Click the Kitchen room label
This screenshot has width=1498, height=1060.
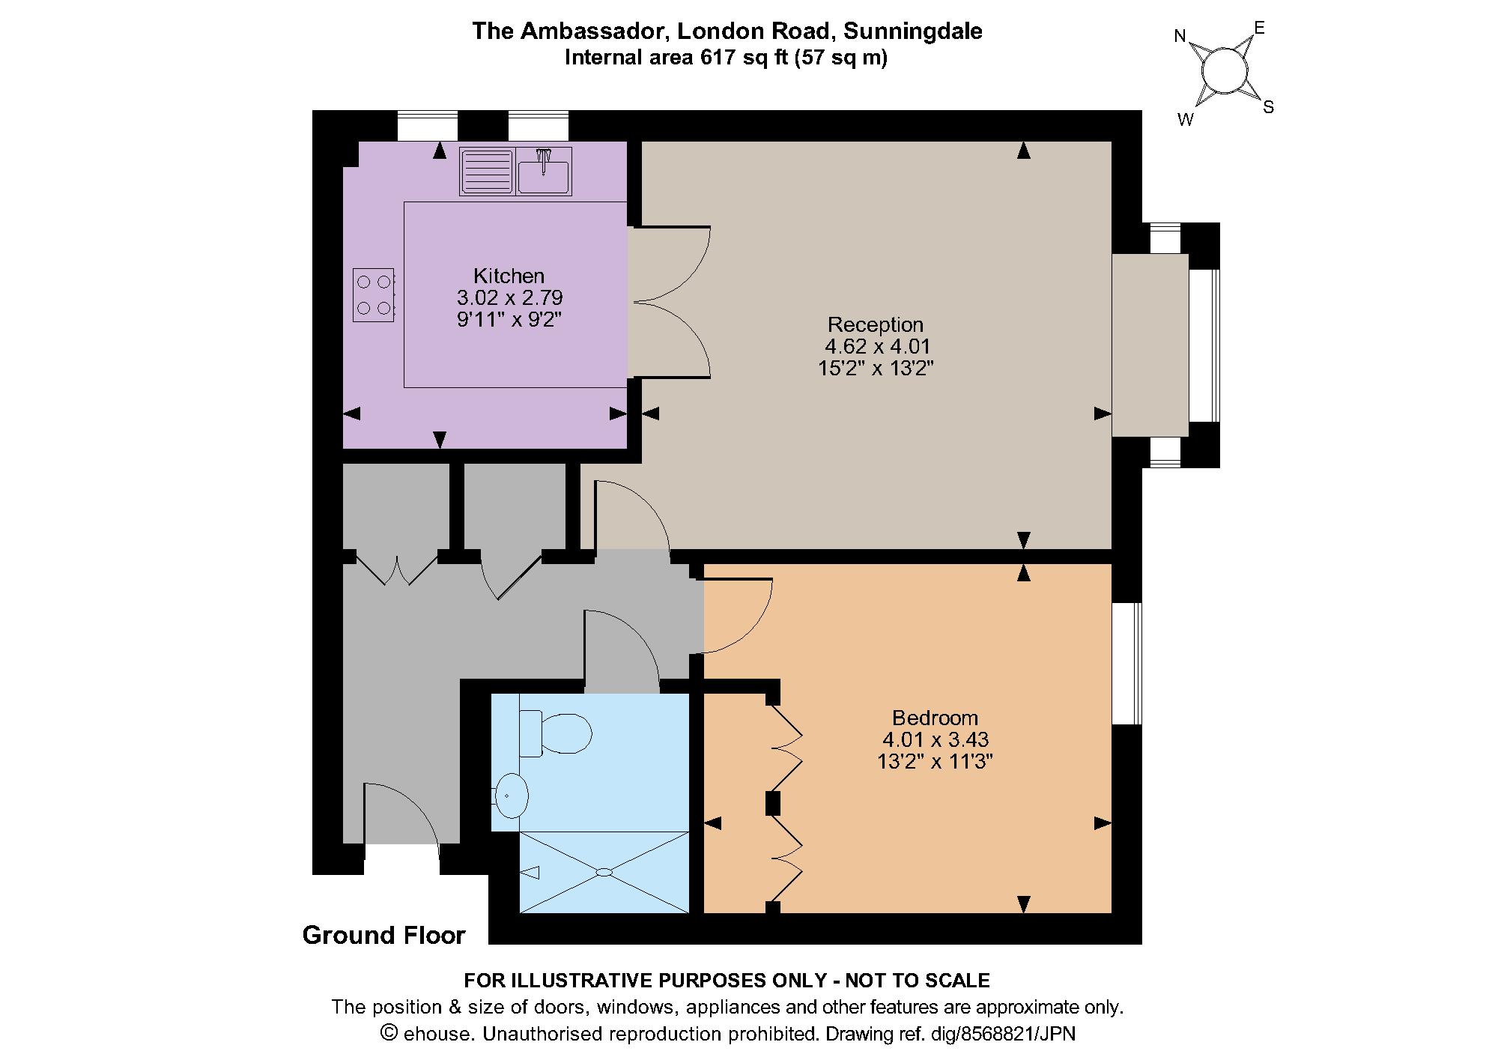click(x=509, y=276)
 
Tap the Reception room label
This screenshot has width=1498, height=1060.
click(x=876, y=325)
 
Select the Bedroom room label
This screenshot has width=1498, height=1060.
click(x=935, y=718)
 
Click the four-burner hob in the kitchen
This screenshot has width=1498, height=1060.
click(x=374, y=294)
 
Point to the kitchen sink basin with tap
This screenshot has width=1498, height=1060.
click(x=544, y=172)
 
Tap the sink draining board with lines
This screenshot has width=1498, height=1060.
click(x=487, y=172)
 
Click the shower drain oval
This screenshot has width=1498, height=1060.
click(x=604, y=872)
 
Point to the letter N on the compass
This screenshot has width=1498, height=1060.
click(x=1180, y=36)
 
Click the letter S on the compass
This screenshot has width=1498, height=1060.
click(x=1268, y=107)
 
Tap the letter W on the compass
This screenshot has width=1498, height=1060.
click(x=1185, y=120)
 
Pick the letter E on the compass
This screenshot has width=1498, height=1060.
click(x=1259, y=28)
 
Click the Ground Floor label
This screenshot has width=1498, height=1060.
click(x=383, y=935)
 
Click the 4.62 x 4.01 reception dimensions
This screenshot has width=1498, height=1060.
click(x=877, y=347)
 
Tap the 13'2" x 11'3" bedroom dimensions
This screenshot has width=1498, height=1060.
click(x=935, y=762)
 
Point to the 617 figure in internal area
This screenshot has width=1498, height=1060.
click(x=715, y=58)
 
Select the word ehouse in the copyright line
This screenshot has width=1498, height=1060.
click(x=438, y=1035)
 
